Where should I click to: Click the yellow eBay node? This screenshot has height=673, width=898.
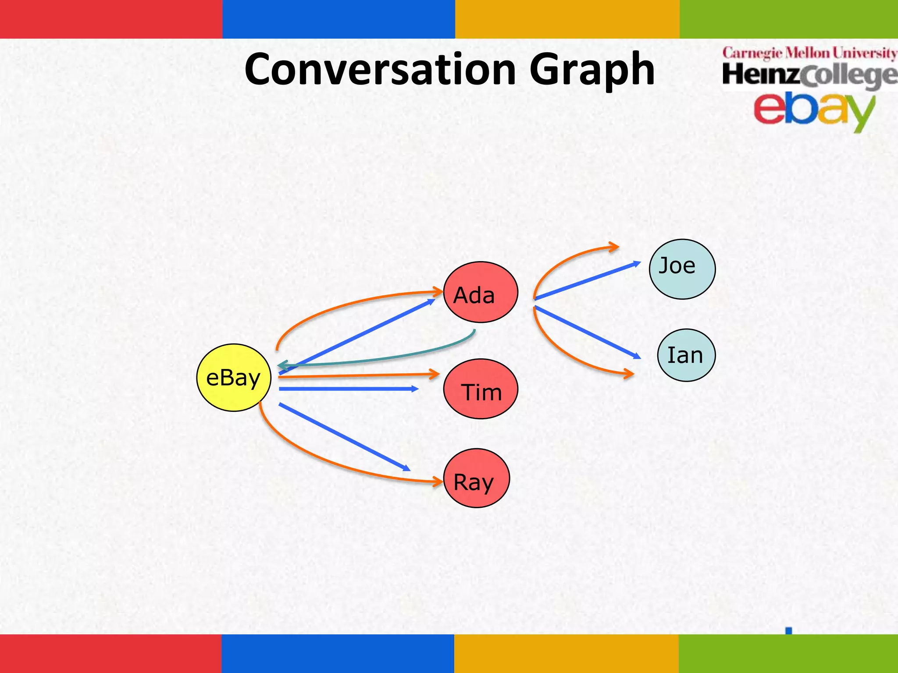click(x=234, y=377)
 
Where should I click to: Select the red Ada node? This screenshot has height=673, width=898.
click(x=481, y=292)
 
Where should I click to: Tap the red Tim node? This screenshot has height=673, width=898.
click(x=481, y=389)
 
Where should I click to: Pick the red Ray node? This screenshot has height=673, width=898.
click(x=477, y=478)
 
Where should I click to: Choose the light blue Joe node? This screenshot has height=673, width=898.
click(x=682, y=269)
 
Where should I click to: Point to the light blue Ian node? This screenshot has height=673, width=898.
click(x=686, y=355)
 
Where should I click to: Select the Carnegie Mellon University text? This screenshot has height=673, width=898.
click(x=809, y=53)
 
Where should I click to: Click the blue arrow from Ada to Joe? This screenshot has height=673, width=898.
click(x=588, y=280)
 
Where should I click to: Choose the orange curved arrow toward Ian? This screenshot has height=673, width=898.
click(x=566, y=355)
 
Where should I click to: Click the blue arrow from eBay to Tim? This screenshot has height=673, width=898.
click(x=349, y=389)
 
